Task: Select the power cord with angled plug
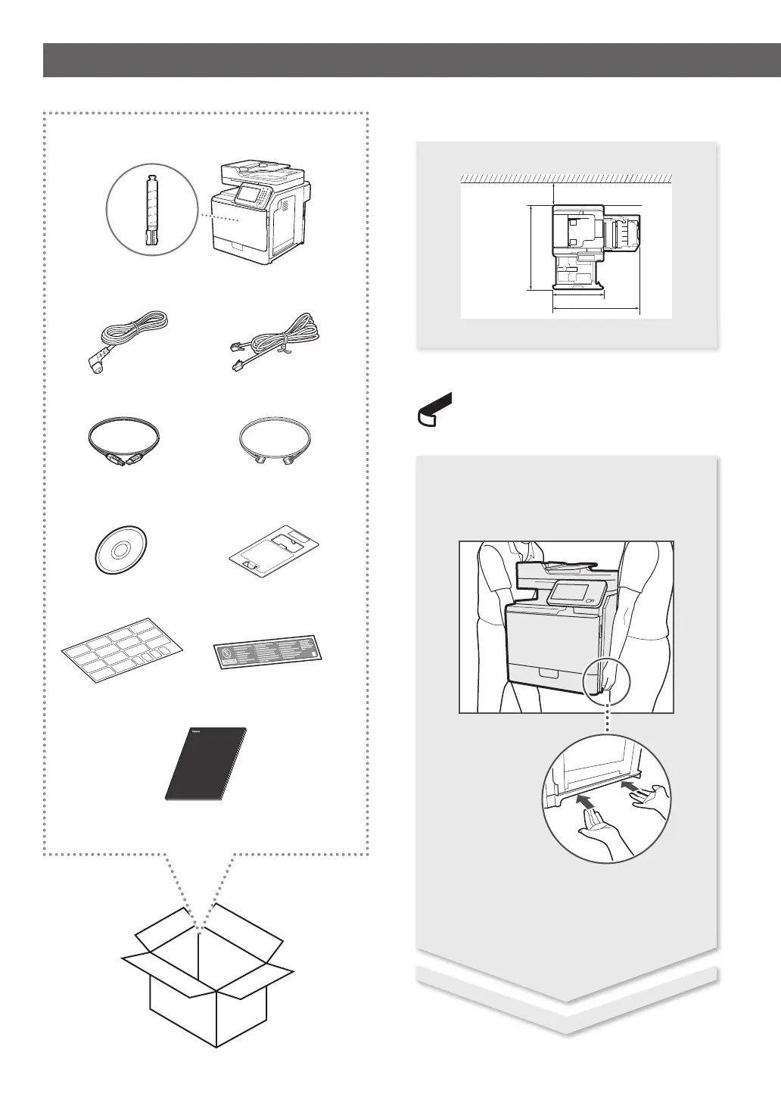[125, 341]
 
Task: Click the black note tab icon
[434, 410]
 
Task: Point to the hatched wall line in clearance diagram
[566, 178]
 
